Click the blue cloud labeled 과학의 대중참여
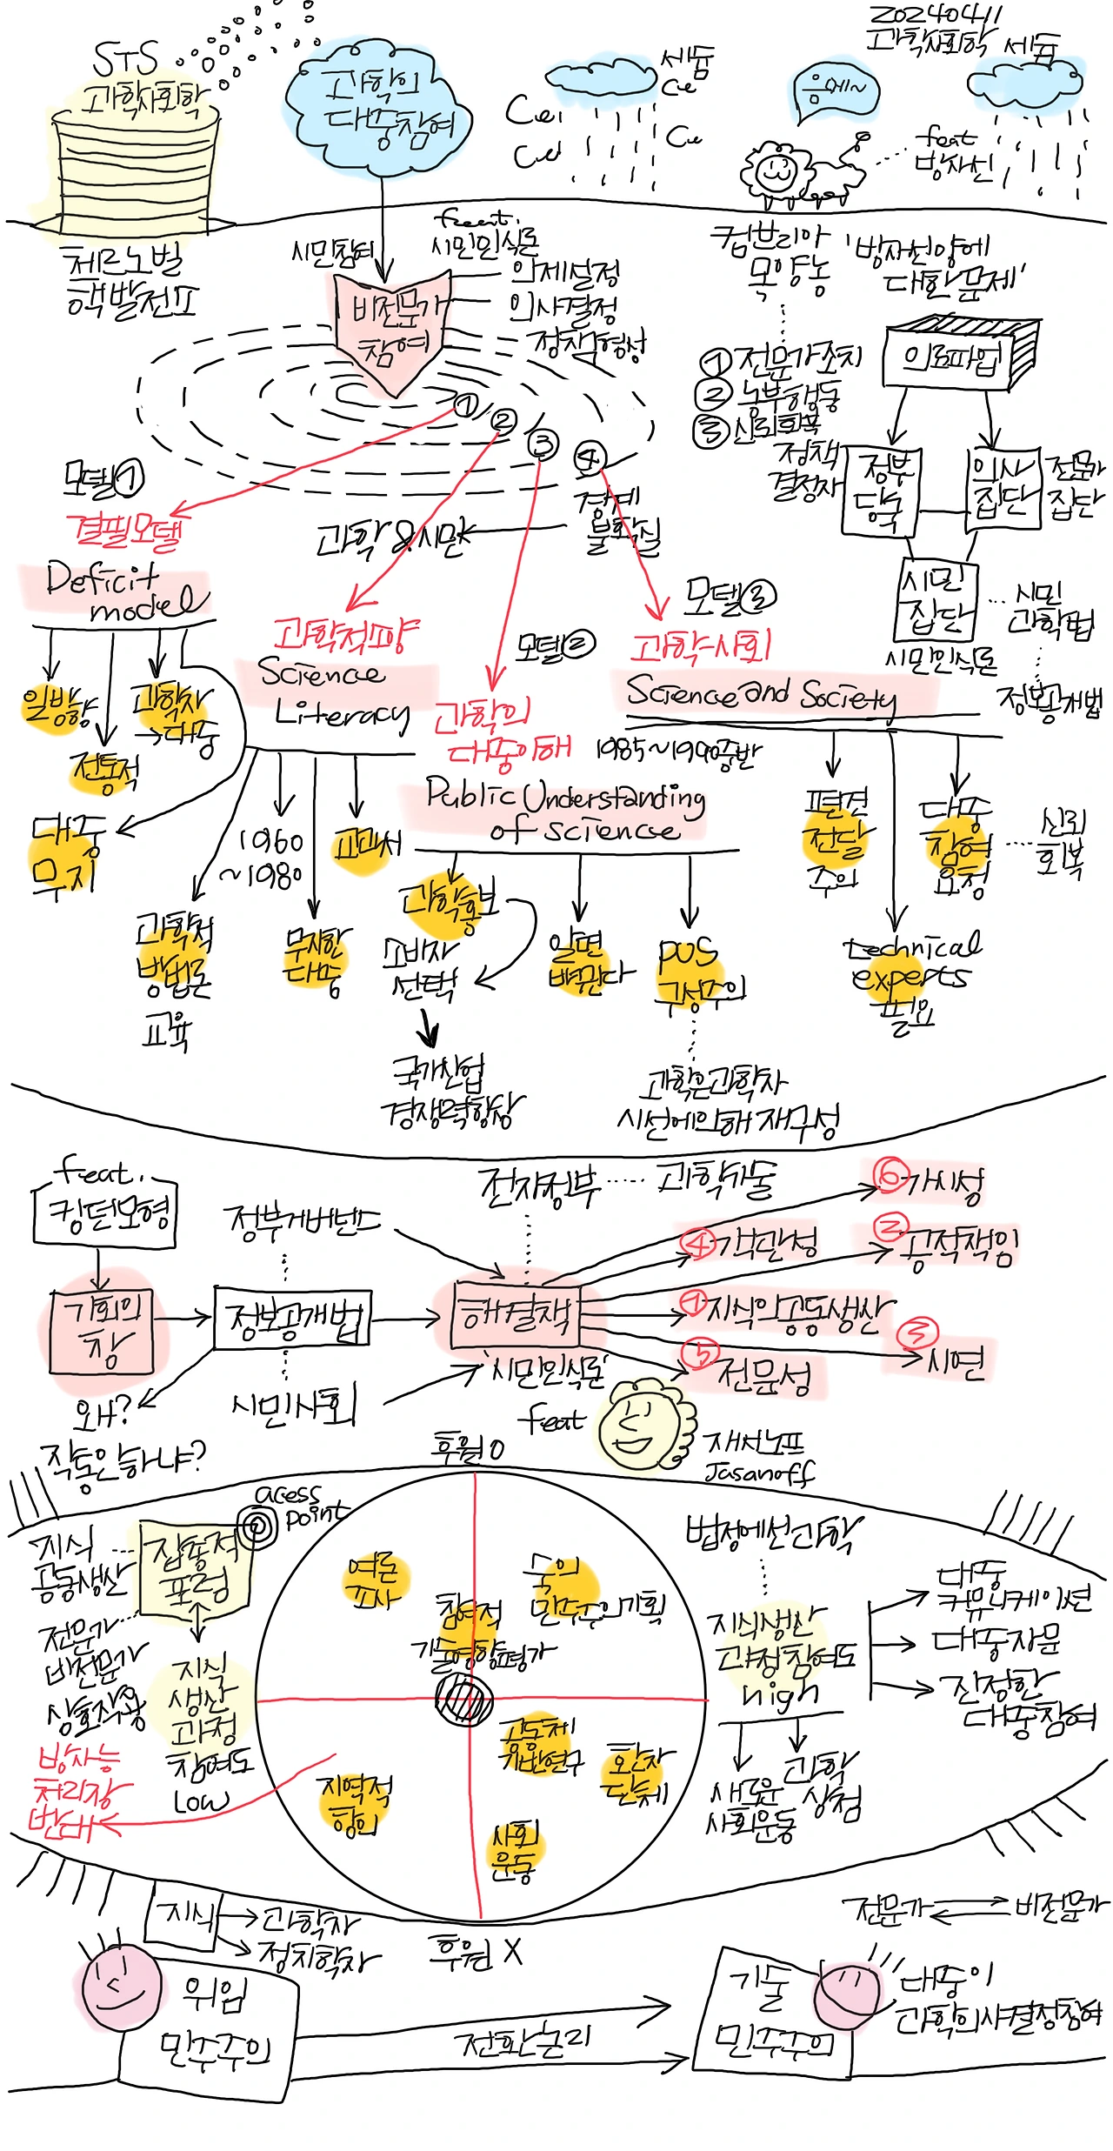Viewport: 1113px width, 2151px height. [x=379, y=113]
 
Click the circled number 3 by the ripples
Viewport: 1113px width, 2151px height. [x=543, y=444]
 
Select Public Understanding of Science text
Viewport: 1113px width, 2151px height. [x=565, y=809]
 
